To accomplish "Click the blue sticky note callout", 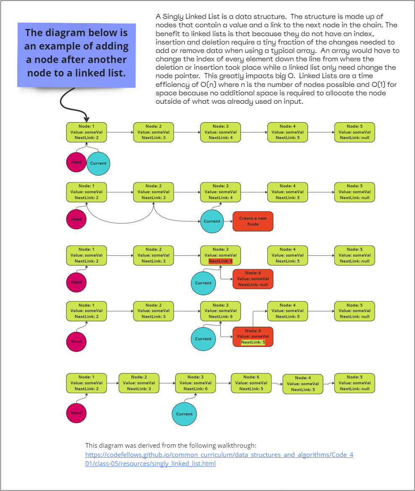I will pyautogui.click(x=76, y=53).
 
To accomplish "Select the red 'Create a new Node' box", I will pyautogui.click(x=253, y=221).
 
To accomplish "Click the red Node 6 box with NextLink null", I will pyautogui.click(x=253, y=279).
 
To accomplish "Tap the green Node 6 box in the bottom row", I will pyautogui.click(x=251, y=383).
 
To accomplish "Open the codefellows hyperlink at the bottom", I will pyautogui.click(x=219, y=459).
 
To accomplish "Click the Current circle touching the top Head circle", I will pyautogui.click(x=98, y=163).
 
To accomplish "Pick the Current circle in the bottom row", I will pyautogui.click(x=184, y=414).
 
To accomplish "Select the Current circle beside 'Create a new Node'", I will pyautogui.click(x=212, y=221).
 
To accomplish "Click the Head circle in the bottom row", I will pyautogui.click(x=76, y=412).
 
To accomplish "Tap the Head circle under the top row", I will pyautogui.click(x=76, y=163).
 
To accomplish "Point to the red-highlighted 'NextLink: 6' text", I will pyautogui.click(x=220, y=261).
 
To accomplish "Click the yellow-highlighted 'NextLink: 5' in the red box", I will pyautogui.click(x=253, y=342).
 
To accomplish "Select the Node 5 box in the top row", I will pyautogui.click(x=354, y=132).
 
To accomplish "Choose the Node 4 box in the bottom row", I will pyautogui.click(x=303, y=384).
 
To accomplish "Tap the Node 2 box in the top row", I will pyautogui.click(x=153, y=132).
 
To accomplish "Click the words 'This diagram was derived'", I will pyautogui.click(x=122, y=445).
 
